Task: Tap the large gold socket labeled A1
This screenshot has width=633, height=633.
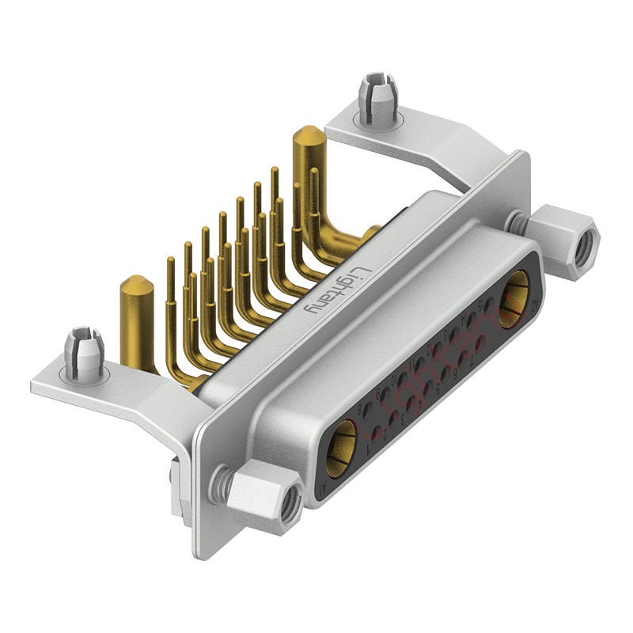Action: pos(341,449)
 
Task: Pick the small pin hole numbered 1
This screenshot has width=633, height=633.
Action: pos(376,433)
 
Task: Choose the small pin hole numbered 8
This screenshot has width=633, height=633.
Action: pos(367,409)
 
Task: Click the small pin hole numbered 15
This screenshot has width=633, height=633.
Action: pos(488,305)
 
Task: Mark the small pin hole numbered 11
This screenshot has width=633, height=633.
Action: pos(419,364)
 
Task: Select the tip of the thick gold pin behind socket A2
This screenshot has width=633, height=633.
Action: pos(309,141)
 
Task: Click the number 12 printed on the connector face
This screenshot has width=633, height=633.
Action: pos(429,347)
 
